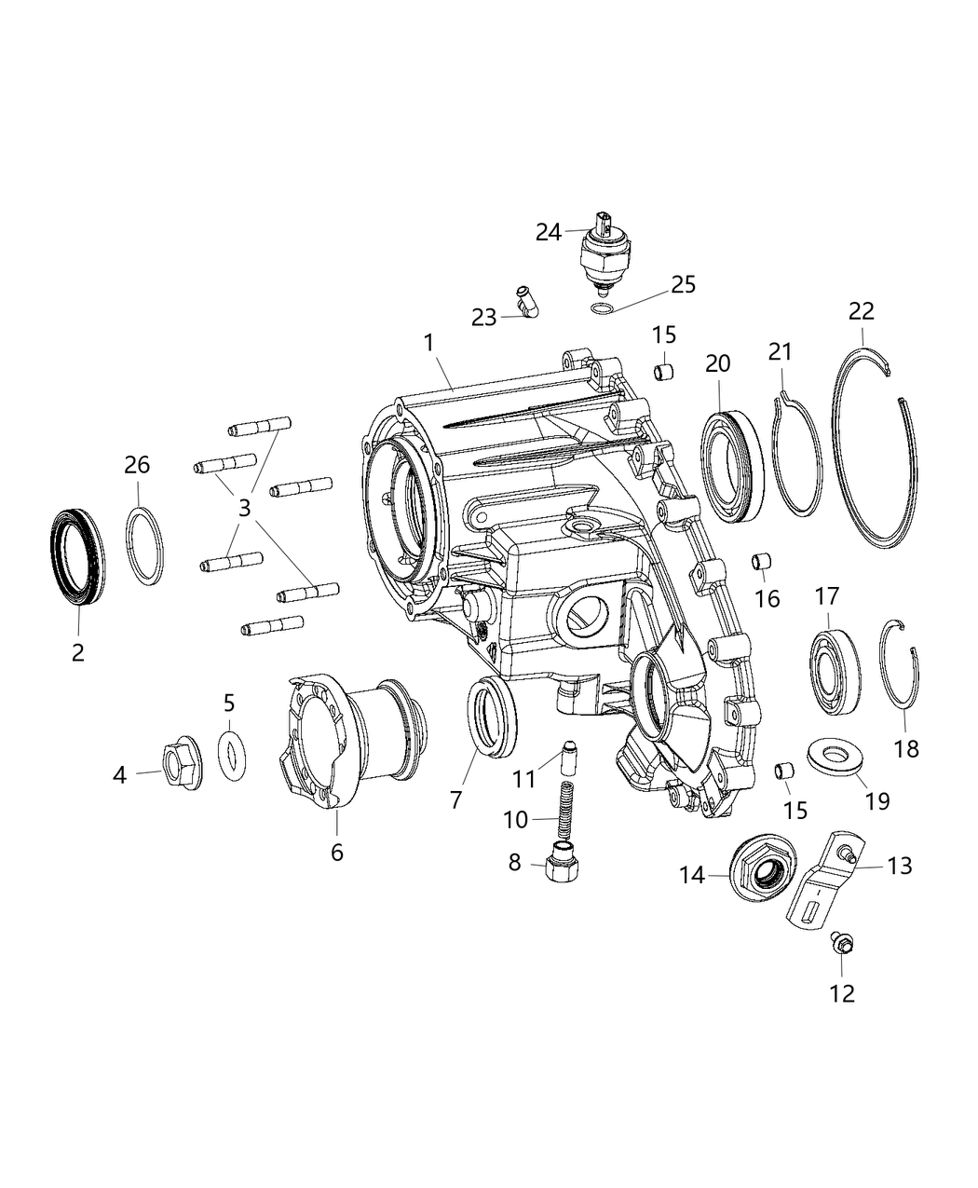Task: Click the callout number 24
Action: tap(548, 232)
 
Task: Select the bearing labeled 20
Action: tap(733, 461)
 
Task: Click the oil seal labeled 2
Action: tap(76, 556)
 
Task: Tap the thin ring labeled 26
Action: tap(144, 546)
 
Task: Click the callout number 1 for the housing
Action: tap(428, 343)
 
